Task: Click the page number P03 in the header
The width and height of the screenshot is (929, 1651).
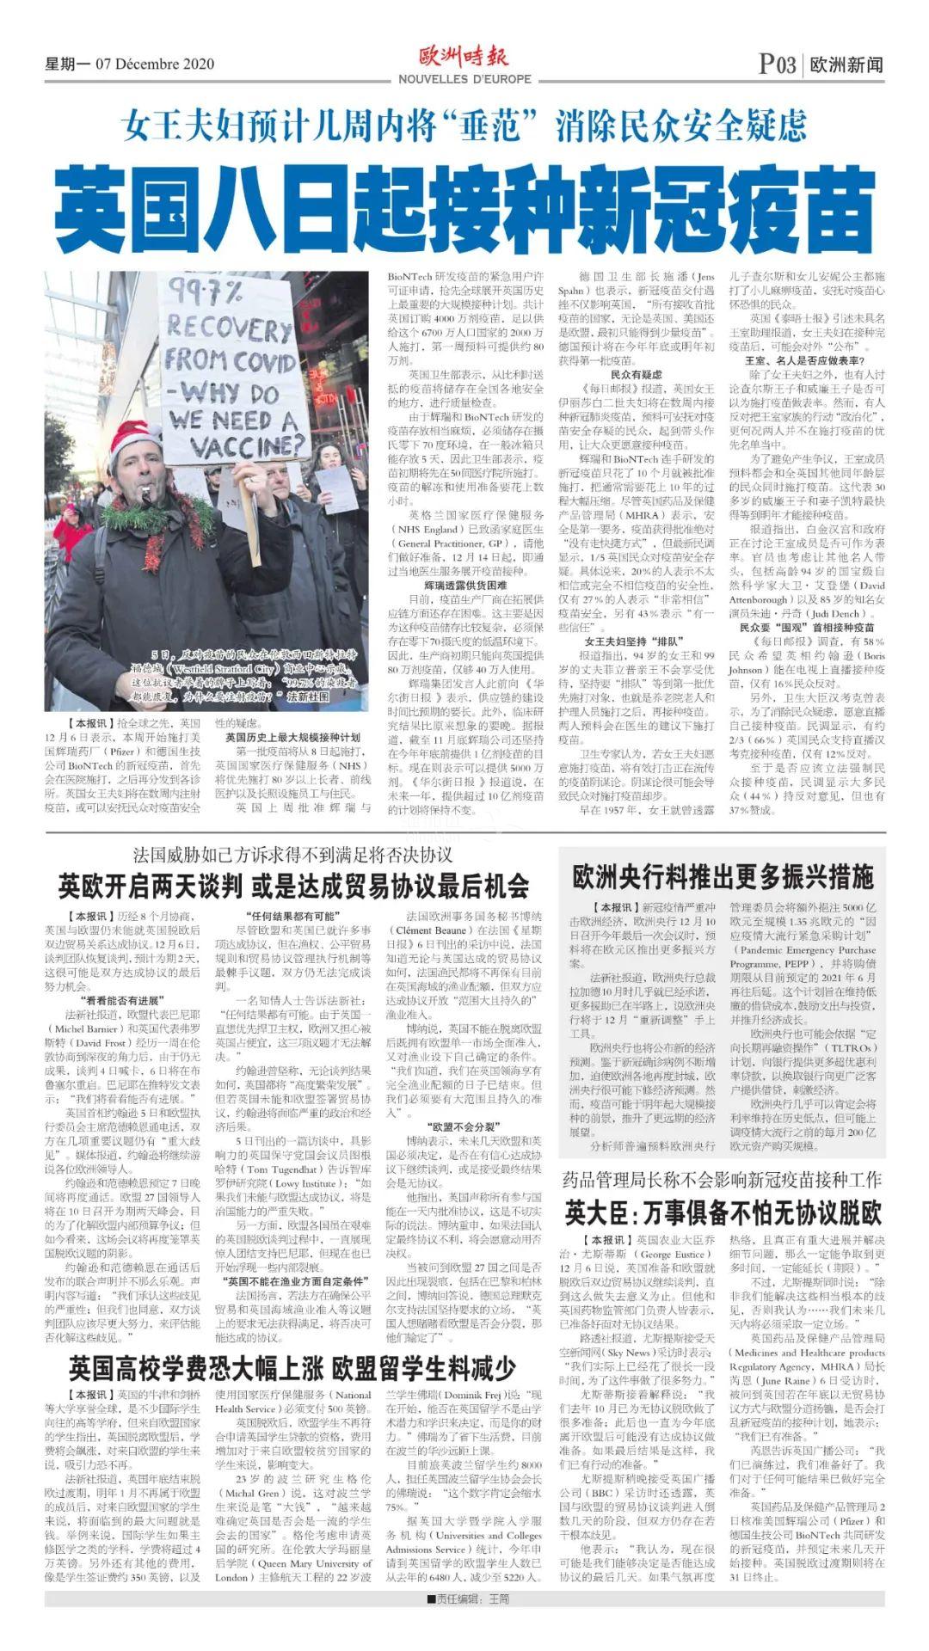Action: click(x=778, y=64)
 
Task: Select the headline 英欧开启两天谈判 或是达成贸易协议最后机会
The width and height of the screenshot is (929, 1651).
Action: click(x=292, y=886)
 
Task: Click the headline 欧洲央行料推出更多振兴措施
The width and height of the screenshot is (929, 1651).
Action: click(x=723, y=877)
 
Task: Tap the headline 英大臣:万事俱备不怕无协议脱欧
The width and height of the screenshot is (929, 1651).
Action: click(x=723, y=1213)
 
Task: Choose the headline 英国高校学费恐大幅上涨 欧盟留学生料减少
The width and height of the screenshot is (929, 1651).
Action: click(x=292, y=1368)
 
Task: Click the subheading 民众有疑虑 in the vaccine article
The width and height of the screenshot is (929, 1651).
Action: click(x=637, y=375)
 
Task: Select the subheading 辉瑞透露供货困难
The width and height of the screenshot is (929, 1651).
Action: click(x=464, y=585)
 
